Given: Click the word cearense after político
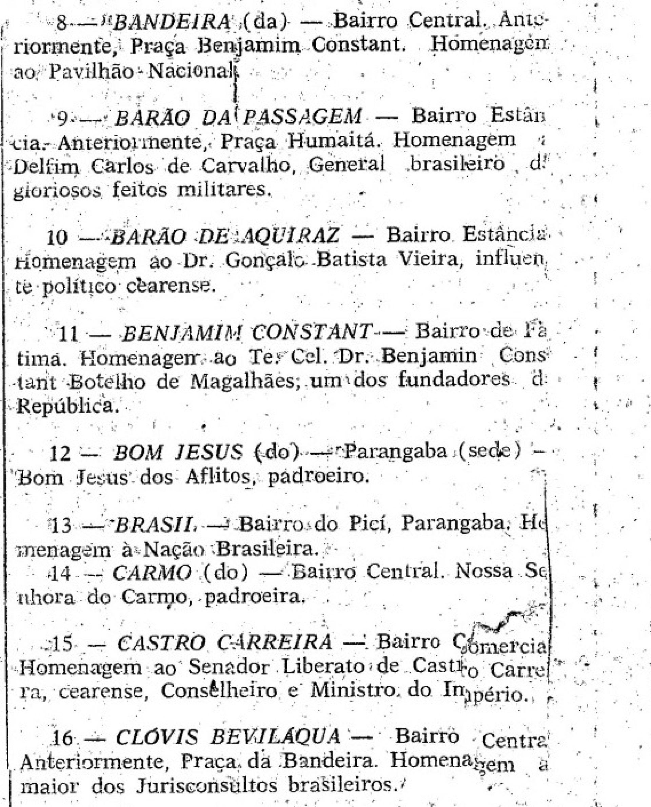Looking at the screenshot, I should click(x=171, y=286).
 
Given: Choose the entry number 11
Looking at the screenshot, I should click(x=68, y=333).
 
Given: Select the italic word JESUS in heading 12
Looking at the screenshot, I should click(x=209, y=453).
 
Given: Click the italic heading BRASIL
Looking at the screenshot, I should click(x=155, y=525).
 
